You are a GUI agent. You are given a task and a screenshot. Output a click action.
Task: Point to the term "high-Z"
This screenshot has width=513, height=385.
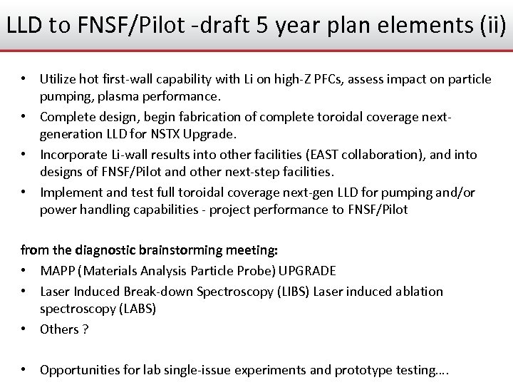click(x=309, y=79)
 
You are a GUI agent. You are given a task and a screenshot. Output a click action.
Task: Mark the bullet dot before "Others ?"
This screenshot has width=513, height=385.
click(x=25, y=329)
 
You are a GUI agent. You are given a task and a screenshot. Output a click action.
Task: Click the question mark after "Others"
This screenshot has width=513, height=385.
click(x=85, y=329)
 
